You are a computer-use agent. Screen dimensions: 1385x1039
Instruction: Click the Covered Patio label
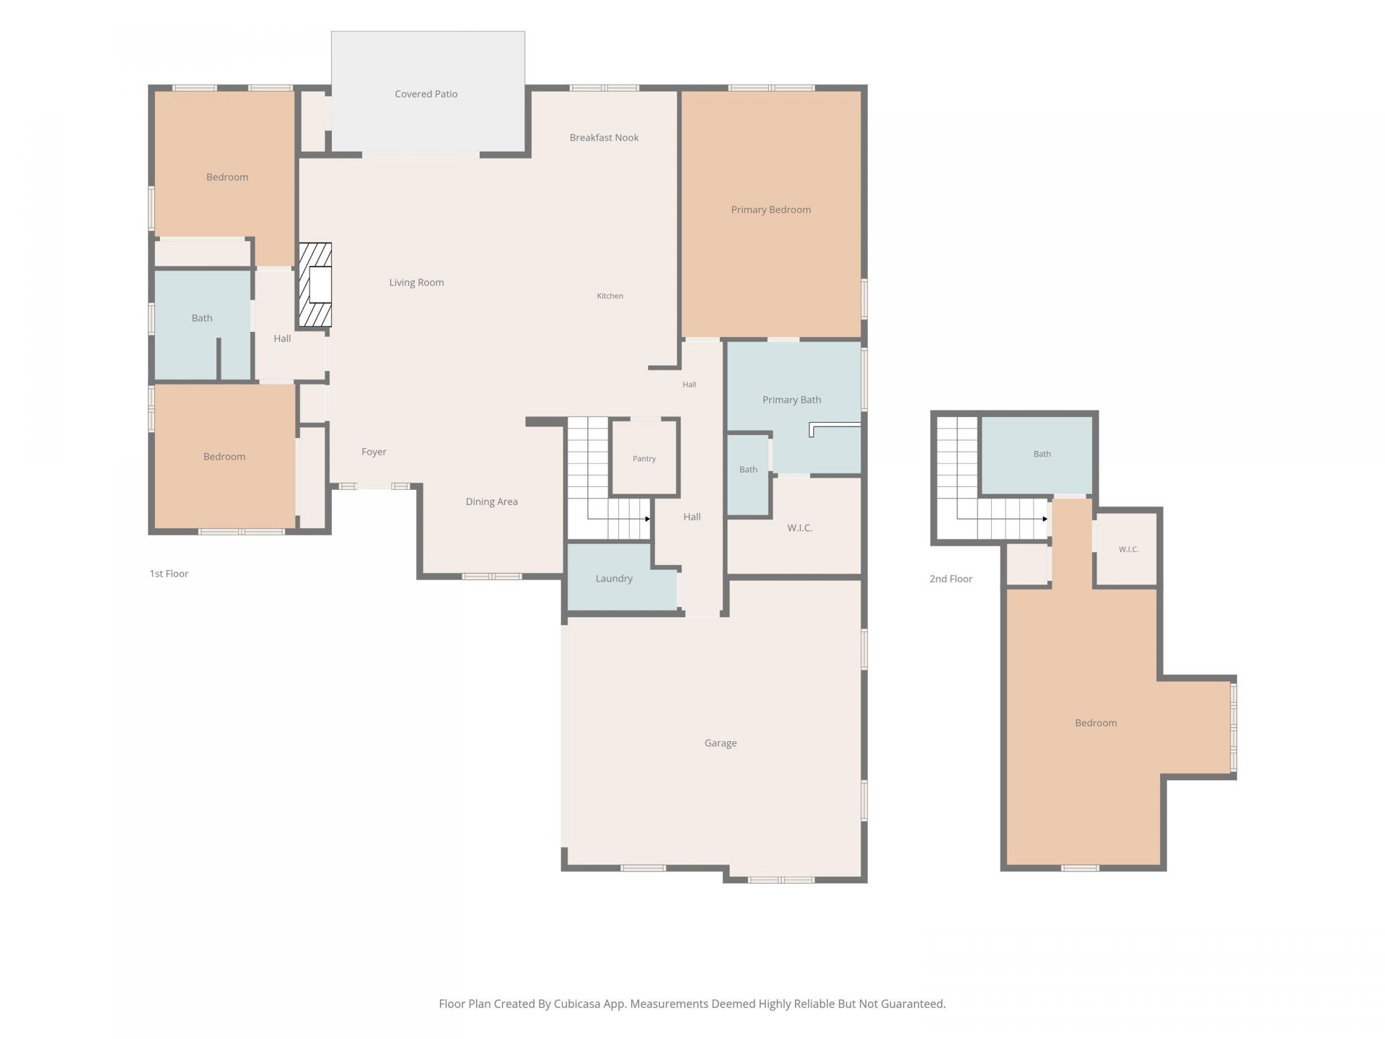click(x=426, y=94)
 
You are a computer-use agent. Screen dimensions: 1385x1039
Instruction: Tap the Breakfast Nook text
click(x=604, y=138)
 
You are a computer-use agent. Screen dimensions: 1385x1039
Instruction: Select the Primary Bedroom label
click(x=770, y=210)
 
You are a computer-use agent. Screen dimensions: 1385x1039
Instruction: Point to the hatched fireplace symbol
click(x=315, y=284)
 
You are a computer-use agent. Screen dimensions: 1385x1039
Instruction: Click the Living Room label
click(x=416, y=283)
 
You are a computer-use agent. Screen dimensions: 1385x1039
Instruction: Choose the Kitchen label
click(x=610, y=296)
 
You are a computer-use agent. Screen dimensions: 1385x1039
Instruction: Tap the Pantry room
click(x=644, y=457)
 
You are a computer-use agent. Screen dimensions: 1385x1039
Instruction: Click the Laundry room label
click(x=614, y=579)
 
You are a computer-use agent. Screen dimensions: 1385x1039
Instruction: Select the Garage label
click(x=720, y=743)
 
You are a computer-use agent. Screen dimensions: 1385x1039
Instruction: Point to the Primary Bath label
click(x=791, y=400)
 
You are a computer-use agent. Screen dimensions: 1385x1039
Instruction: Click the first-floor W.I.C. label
click(x=799, y=528)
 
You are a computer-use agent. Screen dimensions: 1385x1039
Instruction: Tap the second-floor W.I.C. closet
click(x=1127, y=549)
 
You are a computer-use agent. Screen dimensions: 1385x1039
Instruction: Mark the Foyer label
click(x=374, y=452)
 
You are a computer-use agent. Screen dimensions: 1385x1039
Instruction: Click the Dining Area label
click(x=491, y=502)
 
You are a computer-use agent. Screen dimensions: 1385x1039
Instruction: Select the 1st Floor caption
click(x=169, y=574)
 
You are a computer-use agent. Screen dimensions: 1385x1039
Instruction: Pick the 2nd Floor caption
click(x=951, y=579)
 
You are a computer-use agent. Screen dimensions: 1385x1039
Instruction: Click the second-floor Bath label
click(x=1042, y=454)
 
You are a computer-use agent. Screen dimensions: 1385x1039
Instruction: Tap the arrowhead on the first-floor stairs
click(x=647, y=519)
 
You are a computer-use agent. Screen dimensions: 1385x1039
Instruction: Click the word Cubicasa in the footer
click(x=578, y=1004)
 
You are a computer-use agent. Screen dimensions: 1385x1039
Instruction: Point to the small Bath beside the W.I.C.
click(x=748, y=470)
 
